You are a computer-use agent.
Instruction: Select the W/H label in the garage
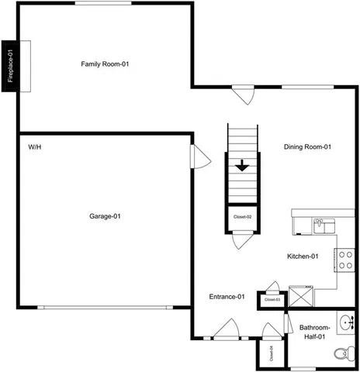tap(35, 146)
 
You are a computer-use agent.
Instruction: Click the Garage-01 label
tap(104, 216)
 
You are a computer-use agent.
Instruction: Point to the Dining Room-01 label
tap(307, 146)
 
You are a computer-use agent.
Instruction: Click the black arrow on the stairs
tap(243, 165)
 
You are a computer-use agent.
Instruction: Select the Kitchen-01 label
tap(303, 256)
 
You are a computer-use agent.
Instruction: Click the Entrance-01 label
tap(227, 296)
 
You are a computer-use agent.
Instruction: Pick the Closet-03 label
tap(272, 299)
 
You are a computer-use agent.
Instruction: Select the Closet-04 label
tap(272, 355)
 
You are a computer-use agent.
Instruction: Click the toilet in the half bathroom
tap(340, 353)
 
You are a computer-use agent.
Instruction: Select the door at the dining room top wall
tap(244, 95)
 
